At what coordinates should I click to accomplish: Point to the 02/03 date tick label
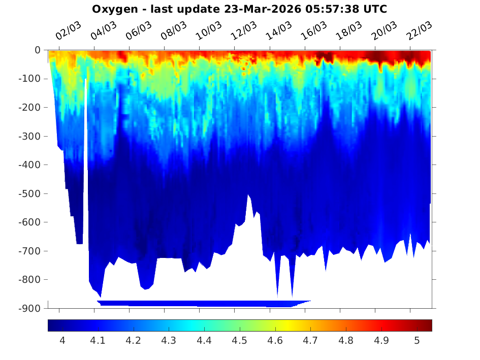(x=68, y=32)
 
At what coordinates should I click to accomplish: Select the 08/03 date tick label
(x=173, y=32)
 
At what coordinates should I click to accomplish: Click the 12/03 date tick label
(x=243, y=32)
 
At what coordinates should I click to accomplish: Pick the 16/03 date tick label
(x=313, y=32)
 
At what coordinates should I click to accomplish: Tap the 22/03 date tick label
(x=419, y=32)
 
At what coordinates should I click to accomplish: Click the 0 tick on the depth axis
(x=37, y=50)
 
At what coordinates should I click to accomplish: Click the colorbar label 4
(x=62, y=341)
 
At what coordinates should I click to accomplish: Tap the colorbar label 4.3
(x=169, y=341)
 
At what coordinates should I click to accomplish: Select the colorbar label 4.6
(x=275, y=341)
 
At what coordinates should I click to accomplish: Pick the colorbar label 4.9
(x=381, y=341)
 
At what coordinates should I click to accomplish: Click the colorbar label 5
(x=417, y=341)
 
